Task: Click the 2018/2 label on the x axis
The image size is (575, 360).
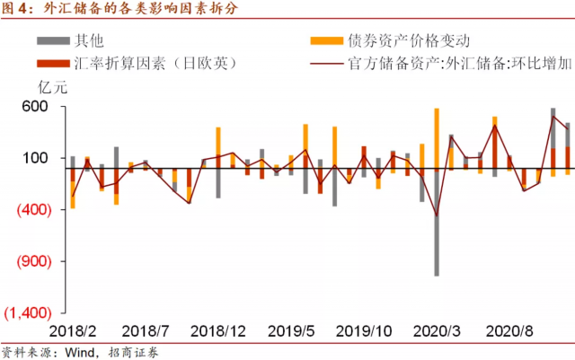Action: coord(73,330)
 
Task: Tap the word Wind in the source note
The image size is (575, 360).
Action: coord(77,351)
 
